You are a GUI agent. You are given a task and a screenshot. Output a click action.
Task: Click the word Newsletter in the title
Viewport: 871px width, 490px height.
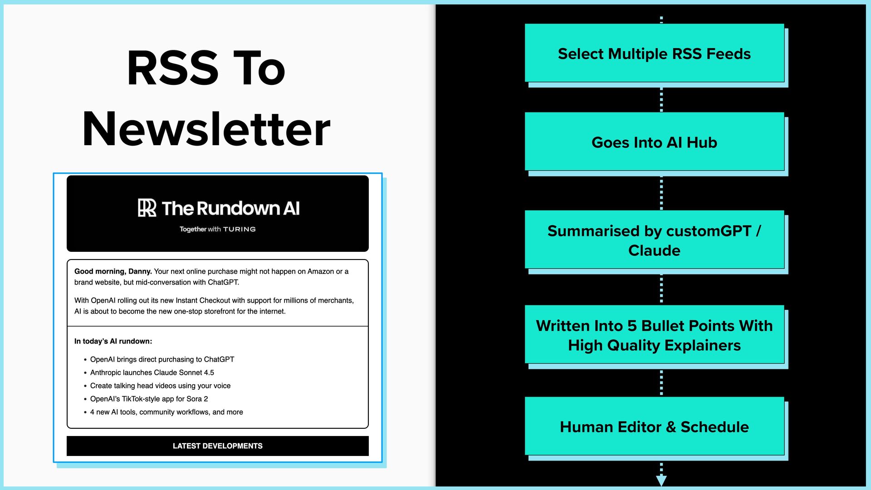206,130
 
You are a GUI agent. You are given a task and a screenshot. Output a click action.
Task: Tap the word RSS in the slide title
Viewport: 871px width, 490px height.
173,69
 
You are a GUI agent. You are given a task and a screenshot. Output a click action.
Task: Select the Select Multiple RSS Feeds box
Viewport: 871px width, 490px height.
654,54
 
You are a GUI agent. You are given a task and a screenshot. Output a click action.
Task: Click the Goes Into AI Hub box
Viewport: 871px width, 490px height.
654,142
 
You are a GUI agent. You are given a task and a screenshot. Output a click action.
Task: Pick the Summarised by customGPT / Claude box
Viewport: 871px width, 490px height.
654,240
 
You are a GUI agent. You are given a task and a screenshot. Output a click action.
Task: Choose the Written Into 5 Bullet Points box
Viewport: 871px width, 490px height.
654,335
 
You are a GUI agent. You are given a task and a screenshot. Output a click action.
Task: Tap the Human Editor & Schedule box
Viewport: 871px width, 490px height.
654,427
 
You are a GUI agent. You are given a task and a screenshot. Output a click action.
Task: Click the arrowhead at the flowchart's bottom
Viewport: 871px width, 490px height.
661,480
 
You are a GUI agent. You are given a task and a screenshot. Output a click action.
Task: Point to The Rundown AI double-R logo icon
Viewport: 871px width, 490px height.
147,208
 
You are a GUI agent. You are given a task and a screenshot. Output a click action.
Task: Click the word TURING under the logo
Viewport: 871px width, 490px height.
239,230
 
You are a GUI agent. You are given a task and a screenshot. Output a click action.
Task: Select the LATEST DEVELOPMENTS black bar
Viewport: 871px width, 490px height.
217,446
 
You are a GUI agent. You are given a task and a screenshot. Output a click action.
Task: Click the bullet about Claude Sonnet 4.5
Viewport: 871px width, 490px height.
152,372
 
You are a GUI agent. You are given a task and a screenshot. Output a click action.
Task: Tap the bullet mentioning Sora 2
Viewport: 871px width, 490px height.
149,399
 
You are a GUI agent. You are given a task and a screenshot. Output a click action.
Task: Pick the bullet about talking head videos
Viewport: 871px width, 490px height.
160,386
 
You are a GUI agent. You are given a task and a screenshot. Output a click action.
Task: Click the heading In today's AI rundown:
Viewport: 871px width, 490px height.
113,341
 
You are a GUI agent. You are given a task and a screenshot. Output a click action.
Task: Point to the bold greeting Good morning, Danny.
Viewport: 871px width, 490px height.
113,271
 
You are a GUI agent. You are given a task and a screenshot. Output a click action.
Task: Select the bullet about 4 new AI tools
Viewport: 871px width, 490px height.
166,412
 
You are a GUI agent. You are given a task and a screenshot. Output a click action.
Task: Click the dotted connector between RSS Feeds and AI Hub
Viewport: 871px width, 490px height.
661,99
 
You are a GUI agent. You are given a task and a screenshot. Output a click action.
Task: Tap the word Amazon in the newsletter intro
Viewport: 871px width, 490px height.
321,271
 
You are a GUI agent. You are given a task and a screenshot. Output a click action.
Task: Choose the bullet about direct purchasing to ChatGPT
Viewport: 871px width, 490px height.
162,359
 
